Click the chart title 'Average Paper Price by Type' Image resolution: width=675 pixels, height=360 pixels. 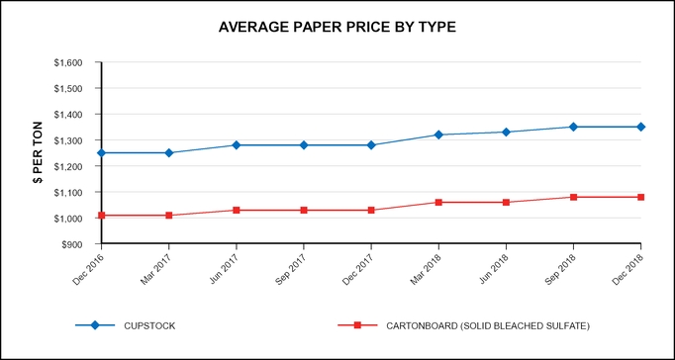coord(337,27)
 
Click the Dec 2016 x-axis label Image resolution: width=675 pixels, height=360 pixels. coord(87,265)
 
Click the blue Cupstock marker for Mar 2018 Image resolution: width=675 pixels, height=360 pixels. coord(438,135)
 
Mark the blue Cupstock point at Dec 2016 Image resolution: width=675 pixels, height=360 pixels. coord(102,153)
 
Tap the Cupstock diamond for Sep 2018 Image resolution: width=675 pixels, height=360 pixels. coord(573,127)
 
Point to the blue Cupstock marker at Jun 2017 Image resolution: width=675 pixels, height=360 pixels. coord(237,145)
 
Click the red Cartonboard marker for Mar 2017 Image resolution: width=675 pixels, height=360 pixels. coord(169,215)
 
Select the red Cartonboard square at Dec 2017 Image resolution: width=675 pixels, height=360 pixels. coord(371,210)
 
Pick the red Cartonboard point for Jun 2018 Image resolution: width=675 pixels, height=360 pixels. coord(506,202)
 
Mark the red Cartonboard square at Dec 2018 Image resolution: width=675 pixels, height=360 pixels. coord(640,197)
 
